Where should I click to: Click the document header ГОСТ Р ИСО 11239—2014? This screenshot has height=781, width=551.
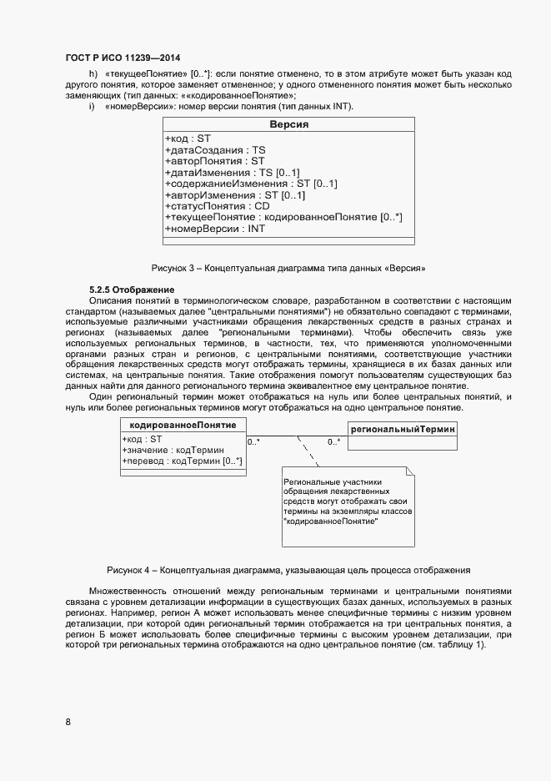[122, 58]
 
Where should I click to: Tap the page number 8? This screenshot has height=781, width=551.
[68, 722]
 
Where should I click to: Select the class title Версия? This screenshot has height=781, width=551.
[288, 124]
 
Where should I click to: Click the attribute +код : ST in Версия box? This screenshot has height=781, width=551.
[189, 139]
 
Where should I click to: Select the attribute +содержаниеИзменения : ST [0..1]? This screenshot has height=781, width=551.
[250, 184]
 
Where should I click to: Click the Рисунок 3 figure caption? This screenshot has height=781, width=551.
[288, 269]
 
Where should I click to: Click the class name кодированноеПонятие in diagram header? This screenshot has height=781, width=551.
[183, 426]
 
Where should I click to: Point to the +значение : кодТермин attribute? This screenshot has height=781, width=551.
[173, 450]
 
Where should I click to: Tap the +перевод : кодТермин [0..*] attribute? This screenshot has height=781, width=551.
[182, 461]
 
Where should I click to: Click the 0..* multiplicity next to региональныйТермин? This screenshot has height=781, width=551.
[333, 442]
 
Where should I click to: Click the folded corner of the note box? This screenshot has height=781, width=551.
[409, 472]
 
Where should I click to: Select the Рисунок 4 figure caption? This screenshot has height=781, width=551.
[288, 570]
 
